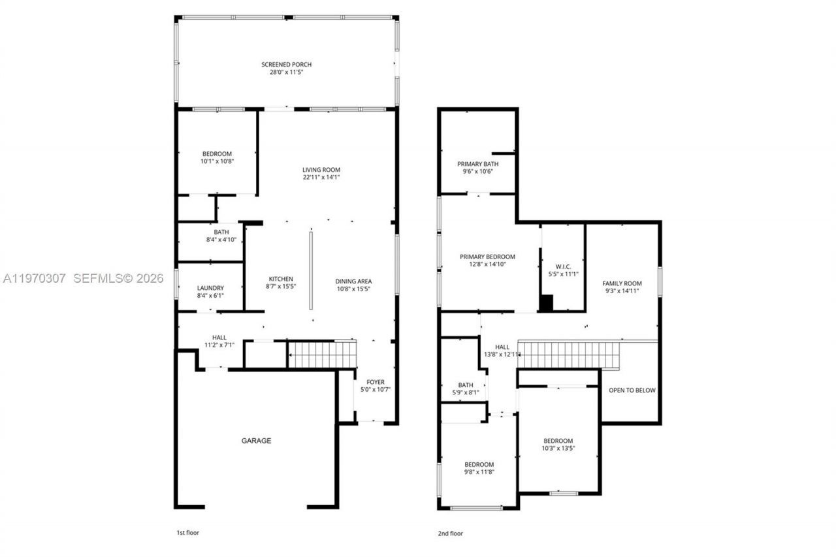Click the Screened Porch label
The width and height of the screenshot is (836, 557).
pos(286,65)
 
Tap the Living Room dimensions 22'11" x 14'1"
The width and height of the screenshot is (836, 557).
pos(321,177)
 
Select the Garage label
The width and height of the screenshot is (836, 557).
pos(256,441)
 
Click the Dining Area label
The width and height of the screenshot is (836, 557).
pos(353,281)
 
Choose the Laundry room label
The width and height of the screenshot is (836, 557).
pos(210,288)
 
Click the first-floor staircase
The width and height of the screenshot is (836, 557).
pos(322,355)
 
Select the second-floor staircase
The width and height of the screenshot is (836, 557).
pos(568,355)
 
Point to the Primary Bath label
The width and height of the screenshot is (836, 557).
pos(478,164)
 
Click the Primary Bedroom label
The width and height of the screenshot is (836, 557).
pos(487,257)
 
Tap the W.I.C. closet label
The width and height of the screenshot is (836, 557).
pos(562,266)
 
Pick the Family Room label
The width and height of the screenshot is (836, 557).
pos(622,283)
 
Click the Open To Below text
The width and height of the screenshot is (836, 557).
pos(632,390)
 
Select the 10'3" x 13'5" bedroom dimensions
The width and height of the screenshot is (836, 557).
pos(558,449)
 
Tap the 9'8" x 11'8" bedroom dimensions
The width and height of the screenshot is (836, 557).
pos(479,472)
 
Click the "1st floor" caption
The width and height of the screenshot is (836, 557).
pos(188,533)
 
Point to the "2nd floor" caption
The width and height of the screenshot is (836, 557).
pos(451,533)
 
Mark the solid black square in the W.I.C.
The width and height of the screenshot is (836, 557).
pos(546,303)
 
